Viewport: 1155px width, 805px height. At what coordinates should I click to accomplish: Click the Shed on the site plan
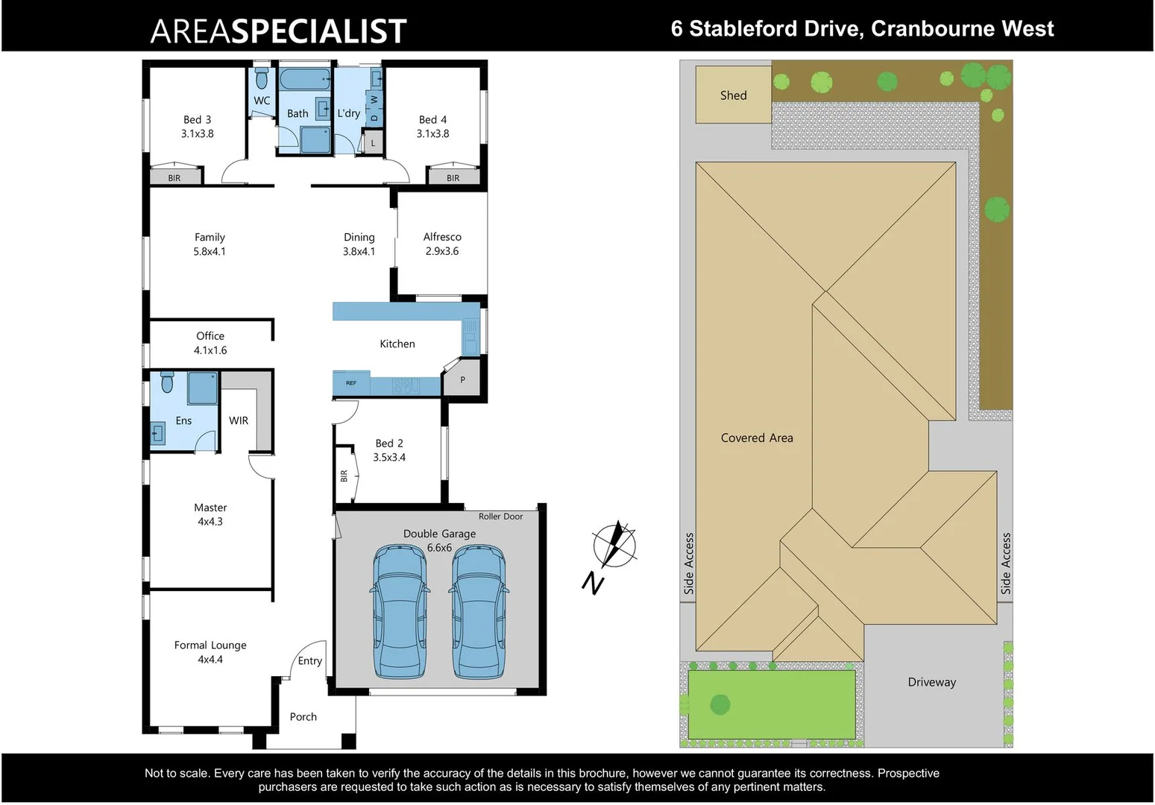pyautogui.click(x=733, y=95)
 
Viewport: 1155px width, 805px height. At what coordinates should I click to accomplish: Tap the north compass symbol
pyautogui.click(x=615, y=545)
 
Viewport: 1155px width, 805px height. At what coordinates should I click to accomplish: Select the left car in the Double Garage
pyautogui.click(x=400, y=611)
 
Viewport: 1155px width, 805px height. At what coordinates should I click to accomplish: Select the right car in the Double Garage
pyautogui.click(x=479, y=611)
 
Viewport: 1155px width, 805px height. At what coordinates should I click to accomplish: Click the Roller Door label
pyautogui.click(x=500, y=517)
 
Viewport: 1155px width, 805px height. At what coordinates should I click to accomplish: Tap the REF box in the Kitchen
pyautogui.click(x=351, y=383)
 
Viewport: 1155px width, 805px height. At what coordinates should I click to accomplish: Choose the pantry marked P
pyautogui.click(x=462, y=380)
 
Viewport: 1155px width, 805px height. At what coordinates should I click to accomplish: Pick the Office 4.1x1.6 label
pyautogui.click(x=210, y=343)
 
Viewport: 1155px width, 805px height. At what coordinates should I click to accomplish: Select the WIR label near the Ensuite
pyautogui.click(x=239, y=421)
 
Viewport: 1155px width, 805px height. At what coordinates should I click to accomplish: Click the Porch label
pyautogui.click(x=303, y=717)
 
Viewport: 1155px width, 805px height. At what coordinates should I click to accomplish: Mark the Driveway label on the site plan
pyautogui.click(x=931, y=682)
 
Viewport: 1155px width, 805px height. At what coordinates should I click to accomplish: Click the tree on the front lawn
pyautogui.click(x=720, y=704)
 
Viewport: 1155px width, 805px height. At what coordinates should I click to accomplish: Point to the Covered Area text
pyautogui.click(x=757, y=438)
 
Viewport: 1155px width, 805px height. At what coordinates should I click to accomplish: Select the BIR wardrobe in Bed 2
pyautogui.click(x=344, y=474)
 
